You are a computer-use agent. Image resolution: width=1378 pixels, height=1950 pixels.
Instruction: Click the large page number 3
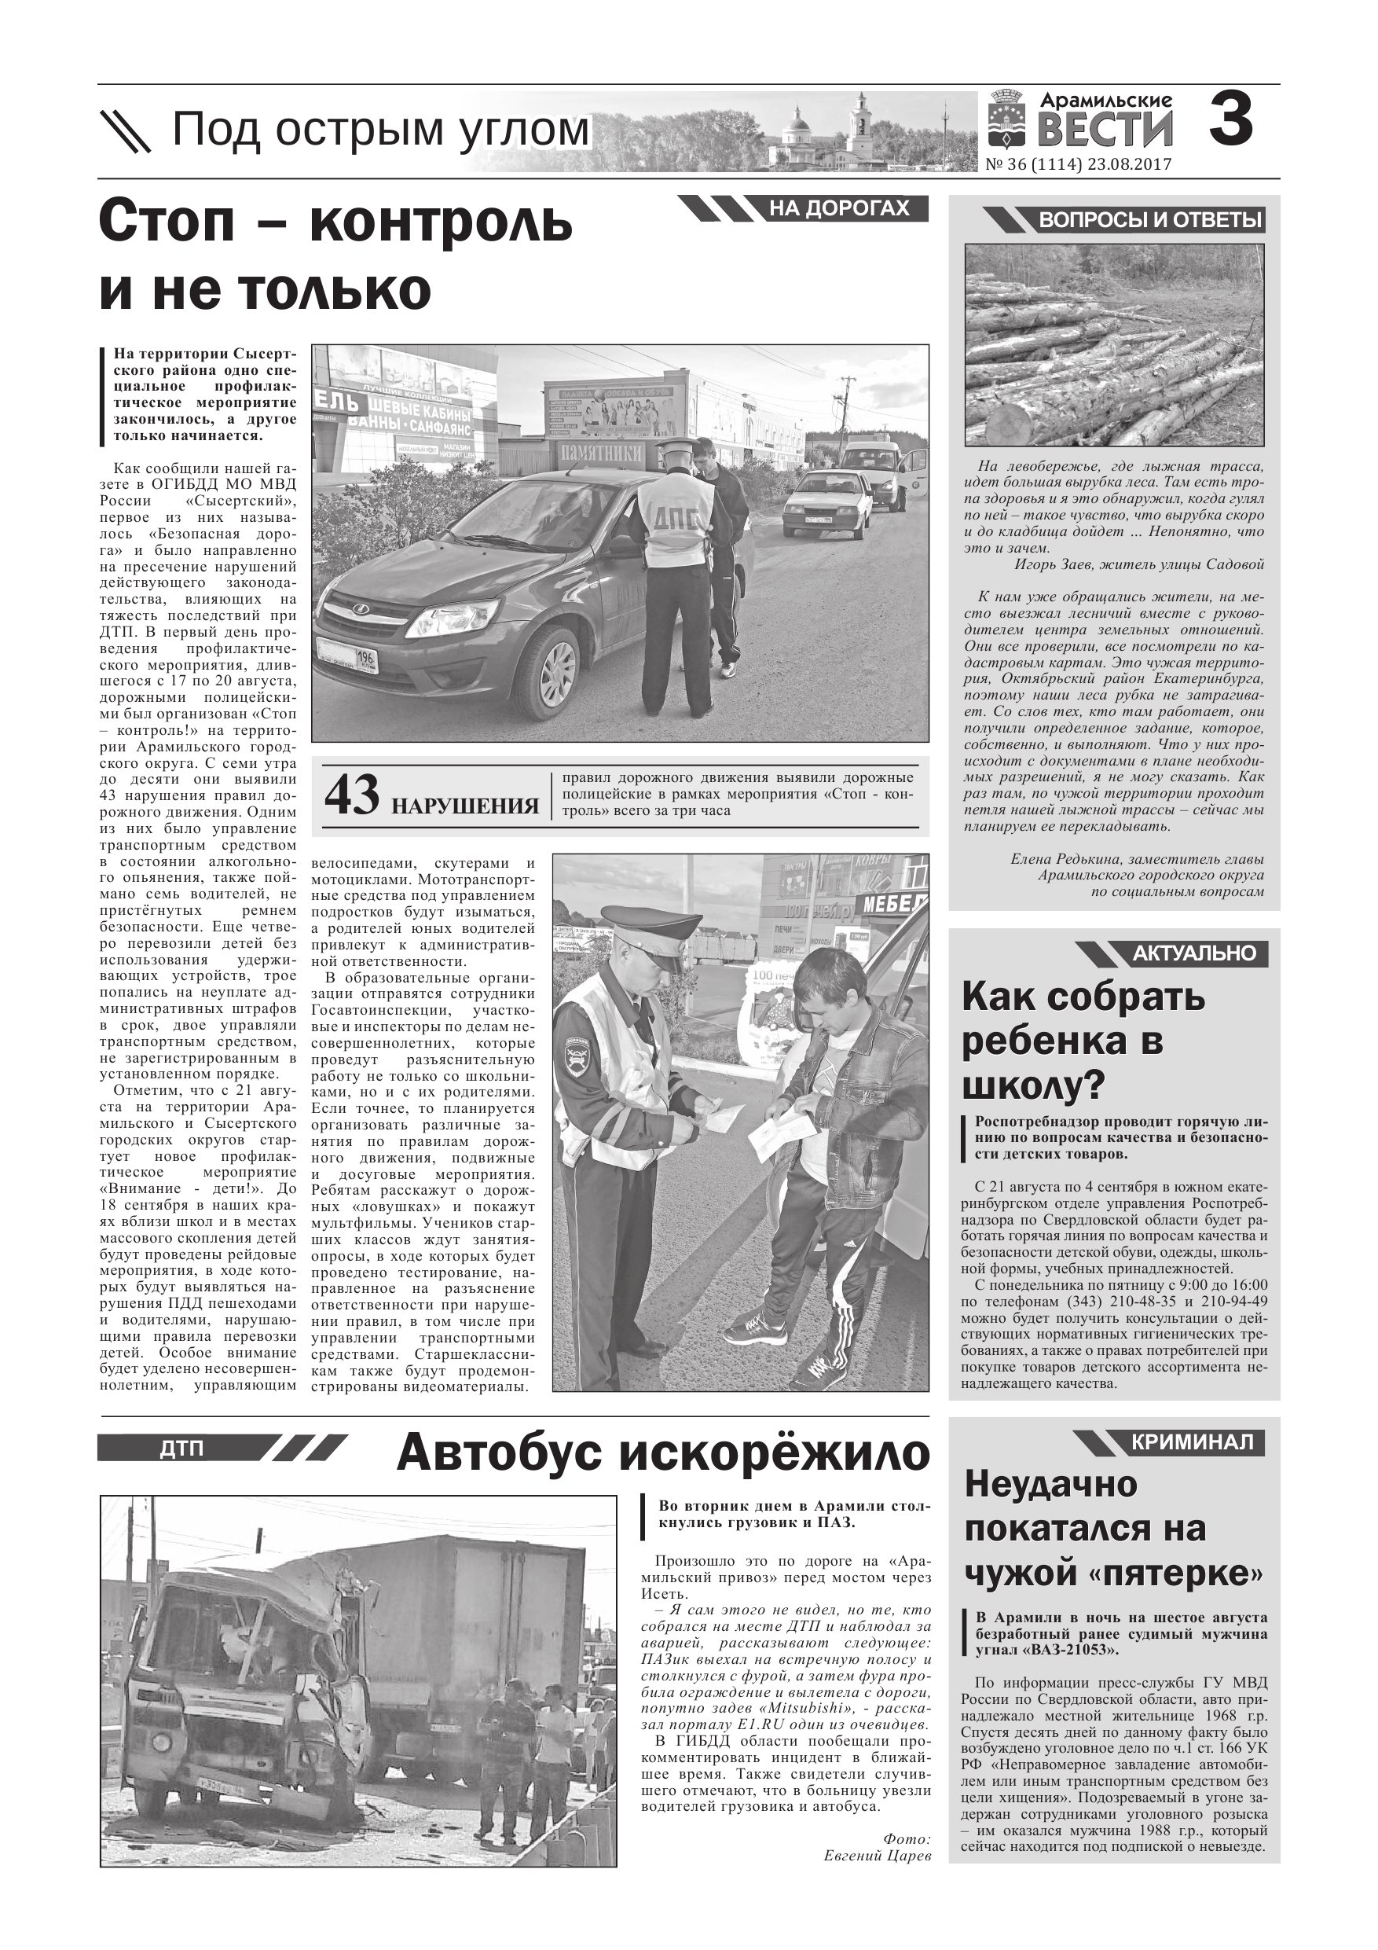(x=1230, y=120)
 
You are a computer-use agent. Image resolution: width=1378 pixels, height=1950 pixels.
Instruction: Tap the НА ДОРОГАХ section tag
(x=839, y=208)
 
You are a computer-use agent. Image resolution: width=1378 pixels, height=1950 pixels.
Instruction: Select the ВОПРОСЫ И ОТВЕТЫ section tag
(x=1150, y=221)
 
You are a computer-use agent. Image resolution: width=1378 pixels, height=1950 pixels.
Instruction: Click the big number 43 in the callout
(x=351, y=795)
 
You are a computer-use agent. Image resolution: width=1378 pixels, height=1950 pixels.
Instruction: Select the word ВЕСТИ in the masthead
(x=1105, y=131)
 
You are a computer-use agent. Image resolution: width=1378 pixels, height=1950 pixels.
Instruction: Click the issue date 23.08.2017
(x=1128, y=165)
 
